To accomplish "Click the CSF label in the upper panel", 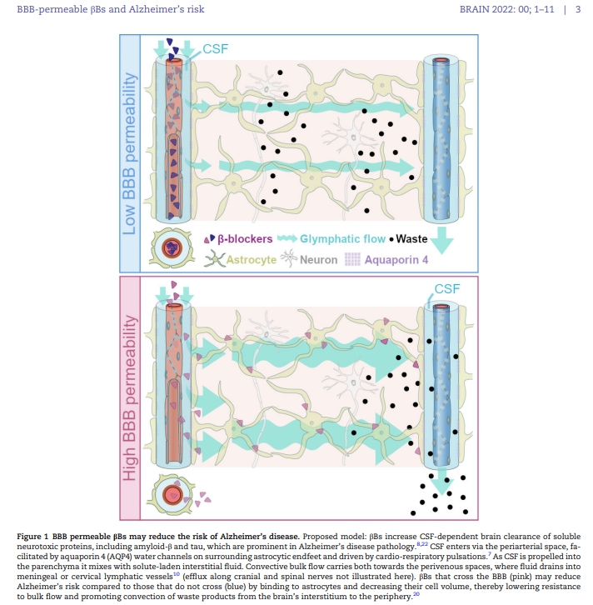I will pyautogui.click(x=214, y=49).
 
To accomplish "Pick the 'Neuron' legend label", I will pyautogui.click(x=320, y=259).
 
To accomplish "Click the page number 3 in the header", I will pyautogui.click(x=578, y=9).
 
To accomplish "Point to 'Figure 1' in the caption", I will pyautogui.click(x=36, y=534).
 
